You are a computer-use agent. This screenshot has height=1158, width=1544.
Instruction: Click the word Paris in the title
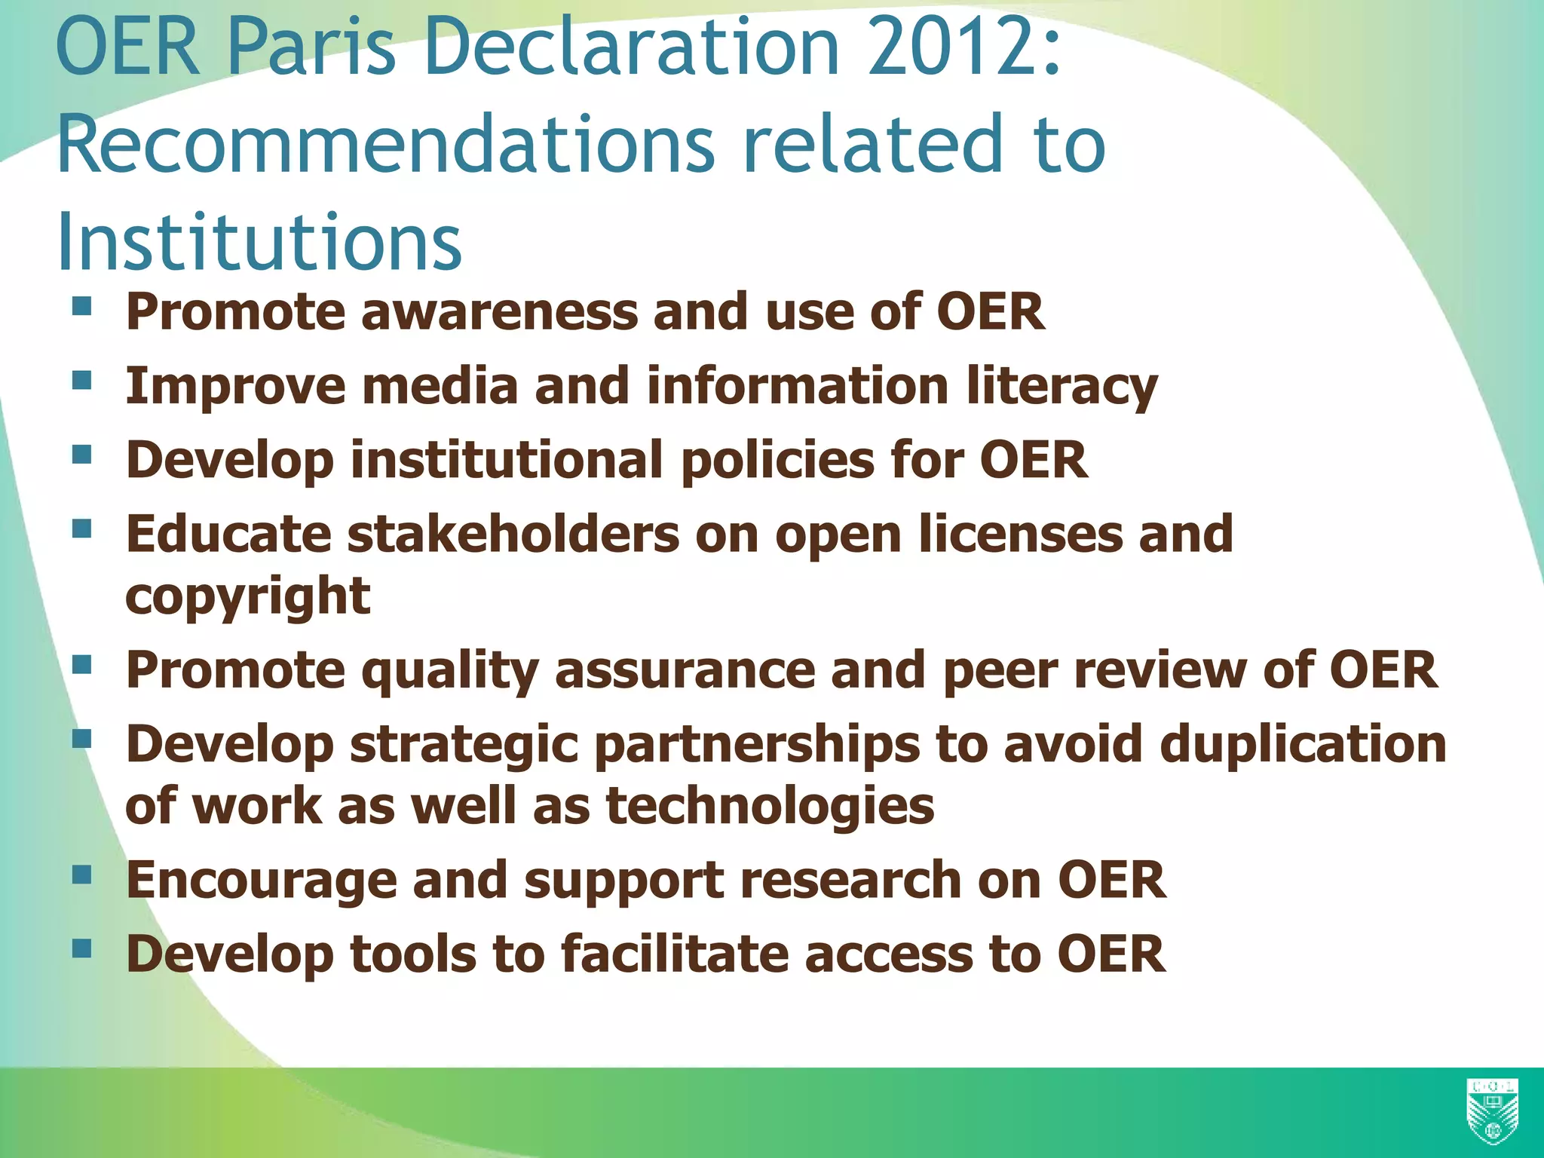311,48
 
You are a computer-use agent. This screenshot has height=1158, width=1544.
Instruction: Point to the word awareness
499,312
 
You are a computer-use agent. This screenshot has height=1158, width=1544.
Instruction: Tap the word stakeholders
513,534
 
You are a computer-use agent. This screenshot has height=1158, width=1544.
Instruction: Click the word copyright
247,596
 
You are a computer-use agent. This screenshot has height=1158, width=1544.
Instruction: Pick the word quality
449,670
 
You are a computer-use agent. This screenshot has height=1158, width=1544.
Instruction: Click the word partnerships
757,744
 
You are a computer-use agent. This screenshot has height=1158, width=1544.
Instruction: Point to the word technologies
770,805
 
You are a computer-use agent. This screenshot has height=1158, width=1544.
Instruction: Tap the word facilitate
674,954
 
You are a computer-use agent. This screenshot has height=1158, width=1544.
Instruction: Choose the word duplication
1303,744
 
